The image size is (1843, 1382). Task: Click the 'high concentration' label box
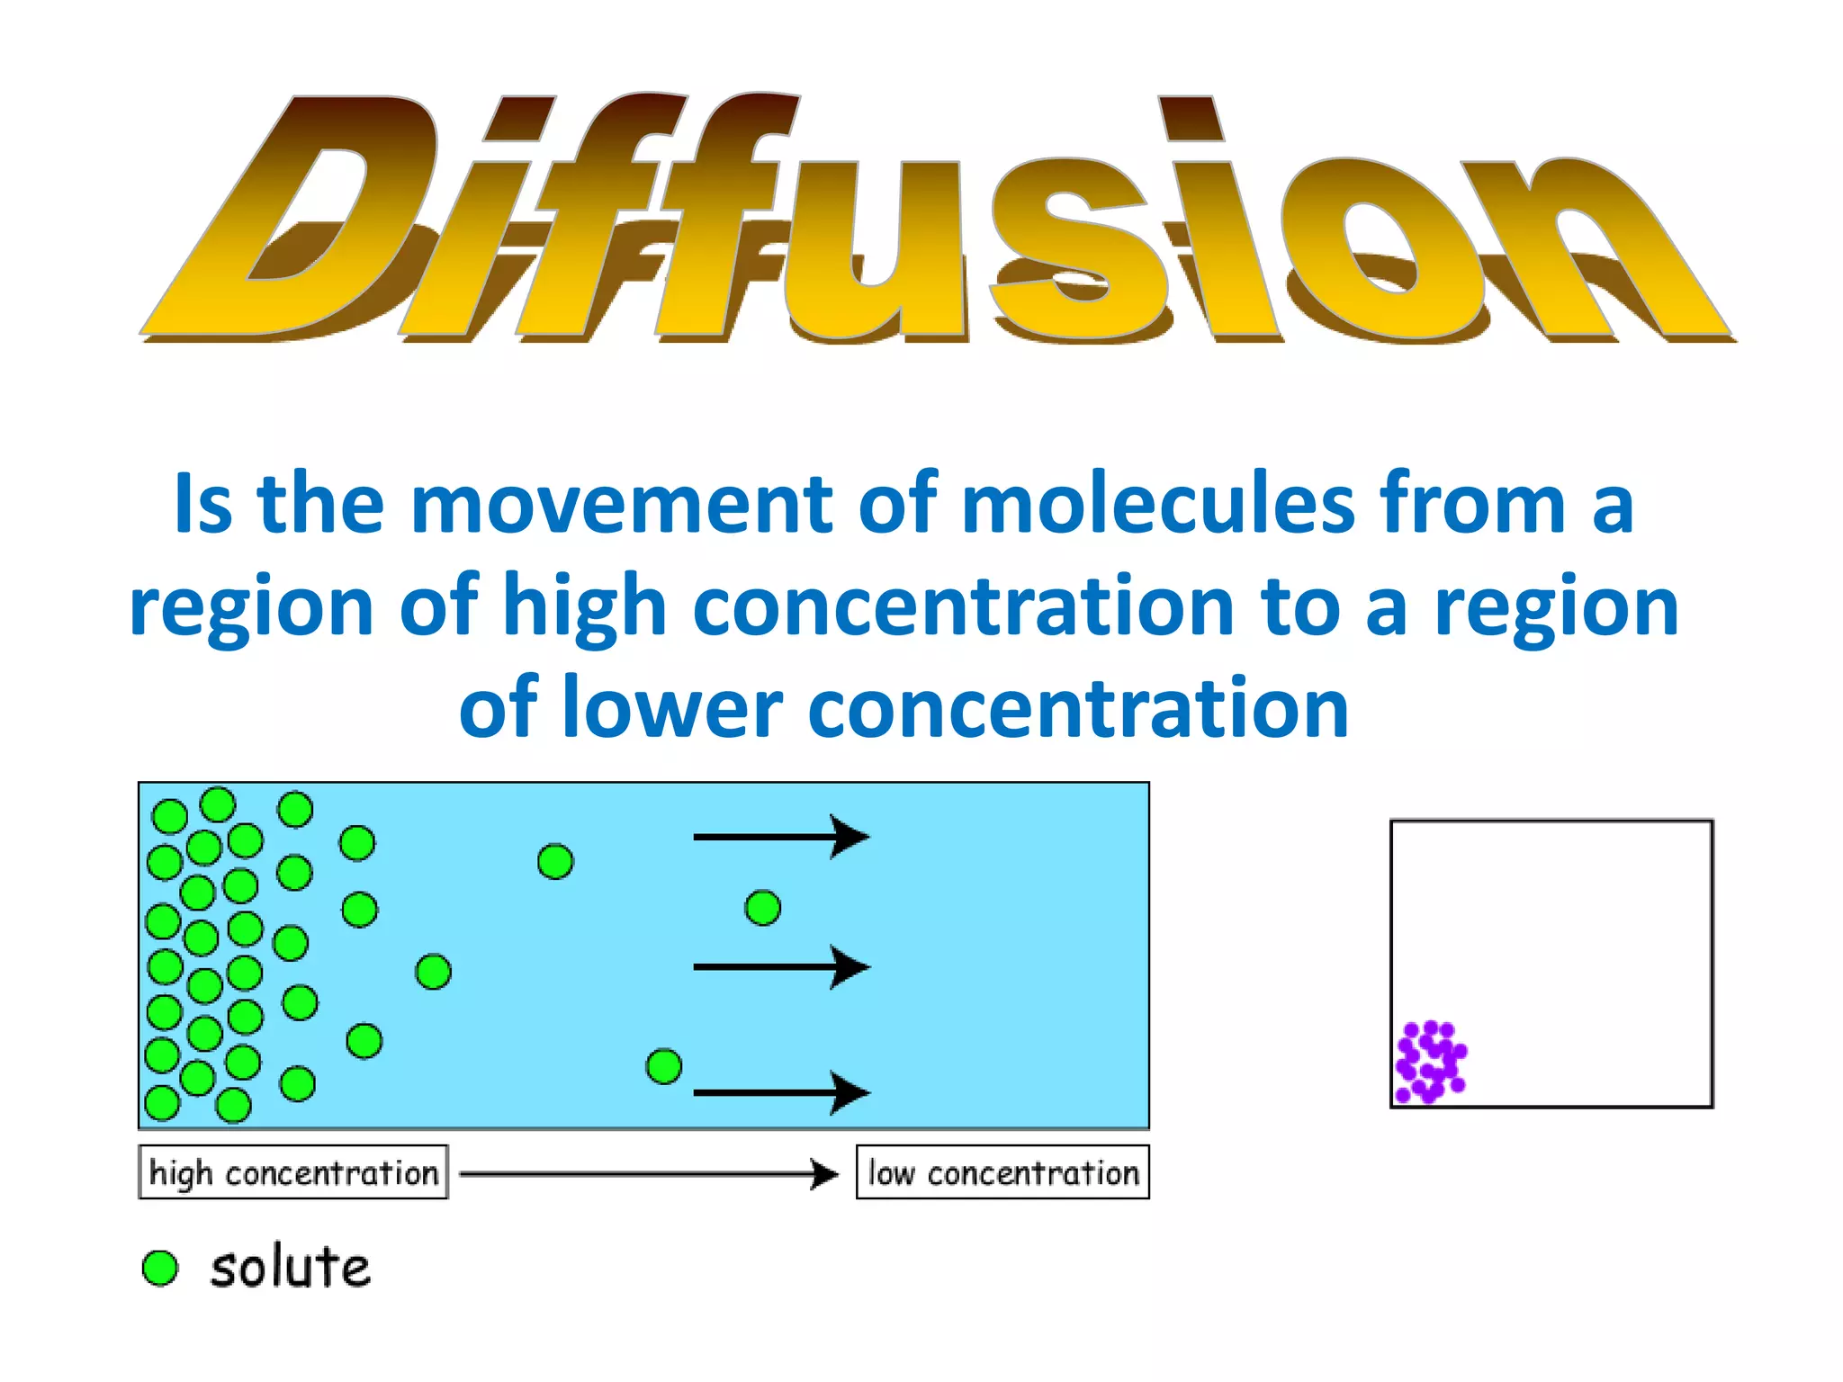293,1172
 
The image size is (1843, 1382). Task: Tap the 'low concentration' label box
1002,1172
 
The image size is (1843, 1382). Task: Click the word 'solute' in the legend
290,1268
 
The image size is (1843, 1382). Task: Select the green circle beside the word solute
161,1268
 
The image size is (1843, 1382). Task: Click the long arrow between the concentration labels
648,1173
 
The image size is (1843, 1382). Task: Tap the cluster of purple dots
1430,1062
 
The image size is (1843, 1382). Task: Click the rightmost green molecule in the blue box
763,908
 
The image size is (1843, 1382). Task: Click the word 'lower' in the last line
671,709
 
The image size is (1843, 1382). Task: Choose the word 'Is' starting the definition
203,504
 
